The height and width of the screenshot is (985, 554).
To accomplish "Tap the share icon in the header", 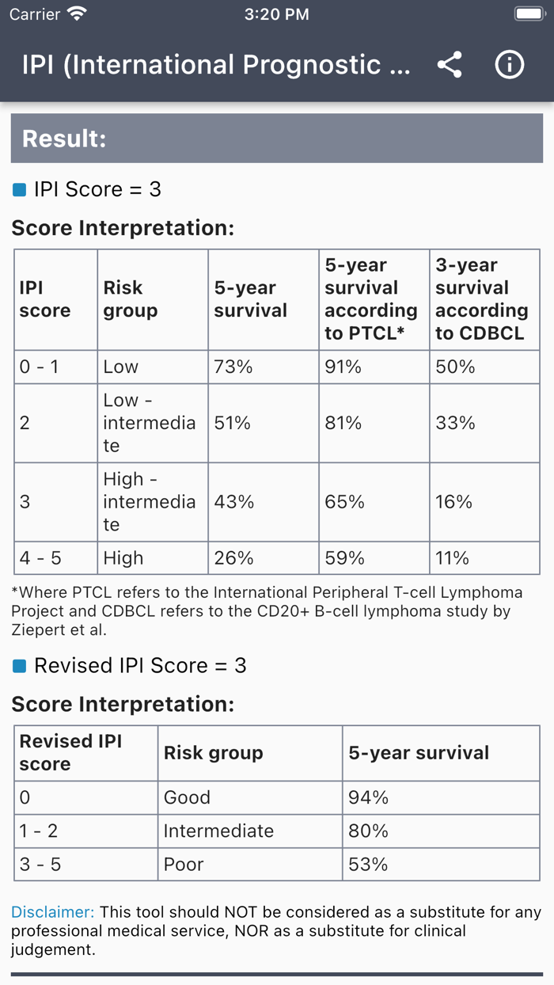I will tap(450, 65).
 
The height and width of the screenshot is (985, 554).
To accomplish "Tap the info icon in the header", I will tap(510, 65).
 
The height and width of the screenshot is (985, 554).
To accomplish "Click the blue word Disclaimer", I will tap(52, 912).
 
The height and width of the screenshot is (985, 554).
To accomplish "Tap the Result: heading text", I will tap(64, 139).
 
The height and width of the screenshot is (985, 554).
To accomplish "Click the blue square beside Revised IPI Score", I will tap(20, 666).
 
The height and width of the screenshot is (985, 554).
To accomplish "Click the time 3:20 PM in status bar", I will tap(277, 14).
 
